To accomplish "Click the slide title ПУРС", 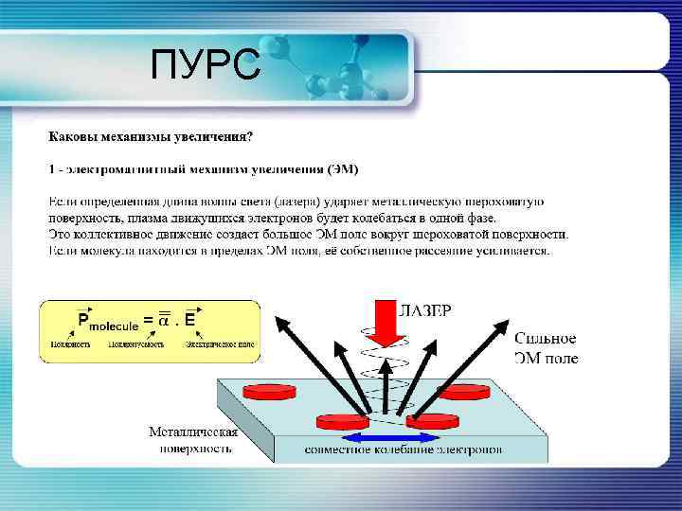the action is [206, 67].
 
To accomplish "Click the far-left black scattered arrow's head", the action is [280, 324].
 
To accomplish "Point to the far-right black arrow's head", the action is [502, 326].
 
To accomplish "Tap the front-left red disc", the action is [342, 420].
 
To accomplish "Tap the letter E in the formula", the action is [190, 320].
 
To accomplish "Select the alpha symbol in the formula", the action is [164, 320].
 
